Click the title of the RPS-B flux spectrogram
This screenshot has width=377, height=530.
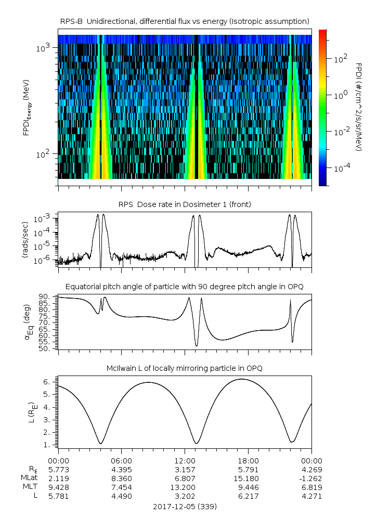click(x=185, y=21)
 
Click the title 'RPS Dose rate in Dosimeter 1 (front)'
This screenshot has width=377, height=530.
click(x=185, y=204)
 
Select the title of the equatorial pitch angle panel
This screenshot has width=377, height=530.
click(x=185, y=287)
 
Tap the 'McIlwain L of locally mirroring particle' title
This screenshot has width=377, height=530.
click(x=185, y=368)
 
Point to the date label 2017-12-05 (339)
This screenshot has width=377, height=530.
click(x=185, y=506)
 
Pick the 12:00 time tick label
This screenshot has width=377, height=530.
click(x=185, y=460)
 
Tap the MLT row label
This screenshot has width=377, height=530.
click(x=27, y=487)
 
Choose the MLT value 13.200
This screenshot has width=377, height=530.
click(x=185, y=487)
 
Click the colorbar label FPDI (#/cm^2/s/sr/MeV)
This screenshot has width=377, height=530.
click(x=359, y=107)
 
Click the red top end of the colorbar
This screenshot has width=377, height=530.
click(x=322, y=32)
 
